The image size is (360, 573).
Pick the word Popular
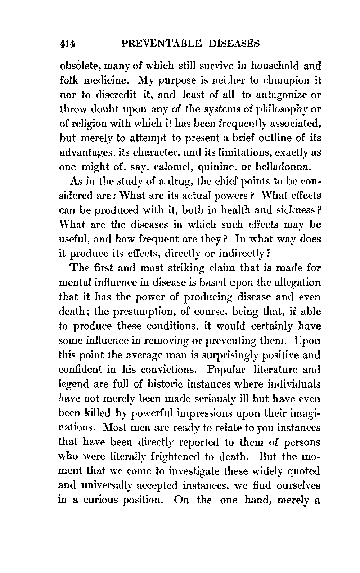(226, 370)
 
